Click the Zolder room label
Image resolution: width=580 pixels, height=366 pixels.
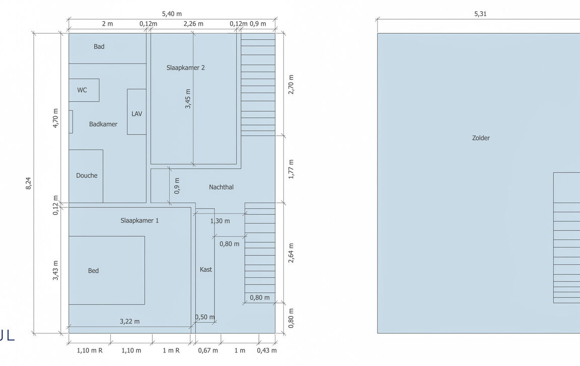[481, 138]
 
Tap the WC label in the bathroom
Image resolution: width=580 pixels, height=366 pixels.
[82, 90]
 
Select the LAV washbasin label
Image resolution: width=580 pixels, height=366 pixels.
[137, 113]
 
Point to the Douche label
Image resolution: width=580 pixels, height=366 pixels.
[87, 175]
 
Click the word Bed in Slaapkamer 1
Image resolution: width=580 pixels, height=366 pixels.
[93, 271]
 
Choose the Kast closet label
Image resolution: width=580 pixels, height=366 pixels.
[205, 269]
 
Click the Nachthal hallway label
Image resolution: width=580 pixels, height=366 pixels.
[221, 187]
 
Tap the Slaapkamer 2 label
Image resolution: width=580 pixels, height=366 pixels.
[186, 67]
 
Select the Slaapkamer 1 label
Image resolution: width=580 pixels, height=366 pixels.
[139, 221]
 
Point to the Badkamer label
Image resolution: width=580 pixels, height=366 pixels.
[103, 124]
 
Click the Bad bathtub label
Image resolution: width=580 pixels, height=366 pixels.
[99, 46]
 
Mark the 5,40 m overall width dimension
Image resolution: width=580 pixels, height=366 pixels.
[172, 14]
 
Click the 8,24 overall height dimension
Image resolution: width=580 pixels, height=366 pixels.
[29, 183]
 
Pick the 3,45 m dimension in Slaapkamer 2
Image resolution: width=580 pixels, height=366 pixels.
[188, 99]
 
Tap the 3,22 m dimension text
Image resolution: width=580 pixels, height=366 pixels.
[130, 321]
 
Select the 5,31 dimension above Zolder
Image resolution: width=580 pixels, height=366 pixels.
[480, 14]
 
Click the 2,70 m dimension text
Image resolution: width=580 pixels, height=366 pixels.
[291, 85]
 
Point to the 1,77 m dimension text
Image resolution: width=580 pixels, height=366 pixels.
[291, 169]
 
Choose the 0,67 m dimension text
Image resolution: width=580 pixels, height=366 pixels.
[208, 350]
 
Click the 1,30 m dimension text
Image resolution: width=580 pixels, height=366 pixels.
[220, 221]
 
